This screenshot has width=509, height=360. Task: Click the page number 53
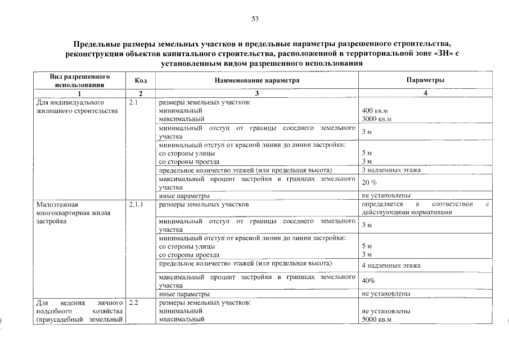pyautogui.click(x=255, y=19)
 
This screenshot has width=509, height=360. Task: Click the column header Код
pyautogui.click(x=141, y=80)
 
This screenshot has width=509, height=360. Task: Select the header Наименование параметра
pyautogui.click(x=256, y=80)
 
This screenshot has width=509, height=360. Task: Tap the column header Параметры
pyautogui.click(x=426, y=80)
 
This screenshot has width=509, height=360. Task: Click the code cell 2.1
pyautogui.click(x=133, y=103)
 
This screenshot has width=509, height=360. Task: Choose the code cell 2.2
pyautogui.click(x=133, y=303)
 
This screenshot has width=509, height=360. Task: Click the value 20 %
pyautogui.click(x=370, y=183)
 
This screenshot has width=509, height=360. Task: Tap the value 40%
pyautogui.click(x=368, y=281)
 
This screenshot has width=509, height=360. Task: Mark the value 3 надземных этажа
pyautogui.click(x=391, y=170)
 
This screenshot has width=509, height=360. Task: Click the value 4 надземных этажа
pyautogui.click(x=391, y=265)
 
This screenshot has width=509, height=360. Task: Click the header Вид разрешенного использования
pyautogui.click(x=79, y=80)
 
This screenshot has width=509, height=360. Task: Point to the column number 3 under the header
pyautogui.click(x=256, y=93)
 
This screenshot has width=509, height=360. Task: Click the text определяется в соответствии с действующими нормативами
pyautogui.click(x=426, y=209)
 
